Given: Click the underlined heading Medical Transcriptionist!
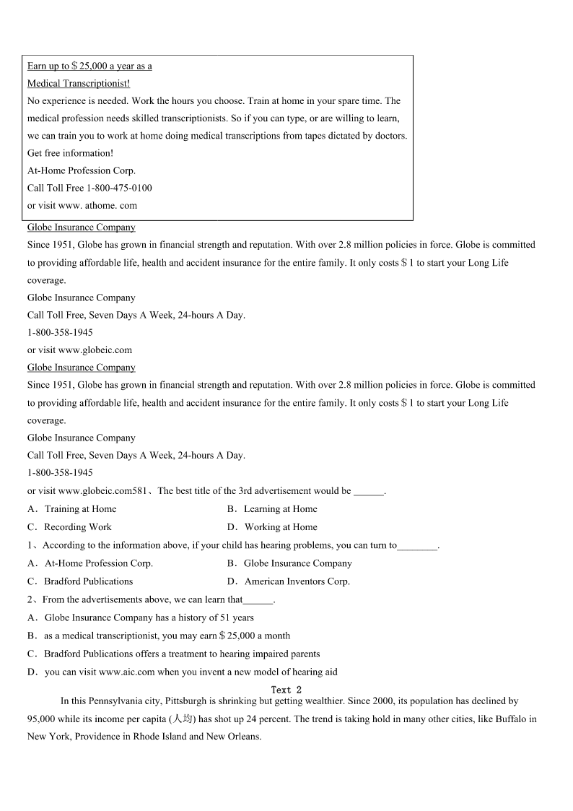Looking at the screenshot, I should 79,83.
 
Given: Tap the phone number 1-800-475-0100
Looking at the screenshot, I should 119,188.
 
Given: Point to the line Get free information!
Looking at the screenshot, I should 70,153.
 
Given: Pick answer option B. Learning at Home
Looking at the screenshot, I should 272,509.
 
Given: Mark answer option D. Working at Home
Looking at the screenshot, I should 272,527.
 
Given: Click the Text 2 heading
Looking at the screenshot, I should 286,690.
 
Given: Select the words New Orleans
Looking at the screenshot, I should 233,737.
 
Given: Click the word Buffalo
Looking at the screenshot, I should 509,719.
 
